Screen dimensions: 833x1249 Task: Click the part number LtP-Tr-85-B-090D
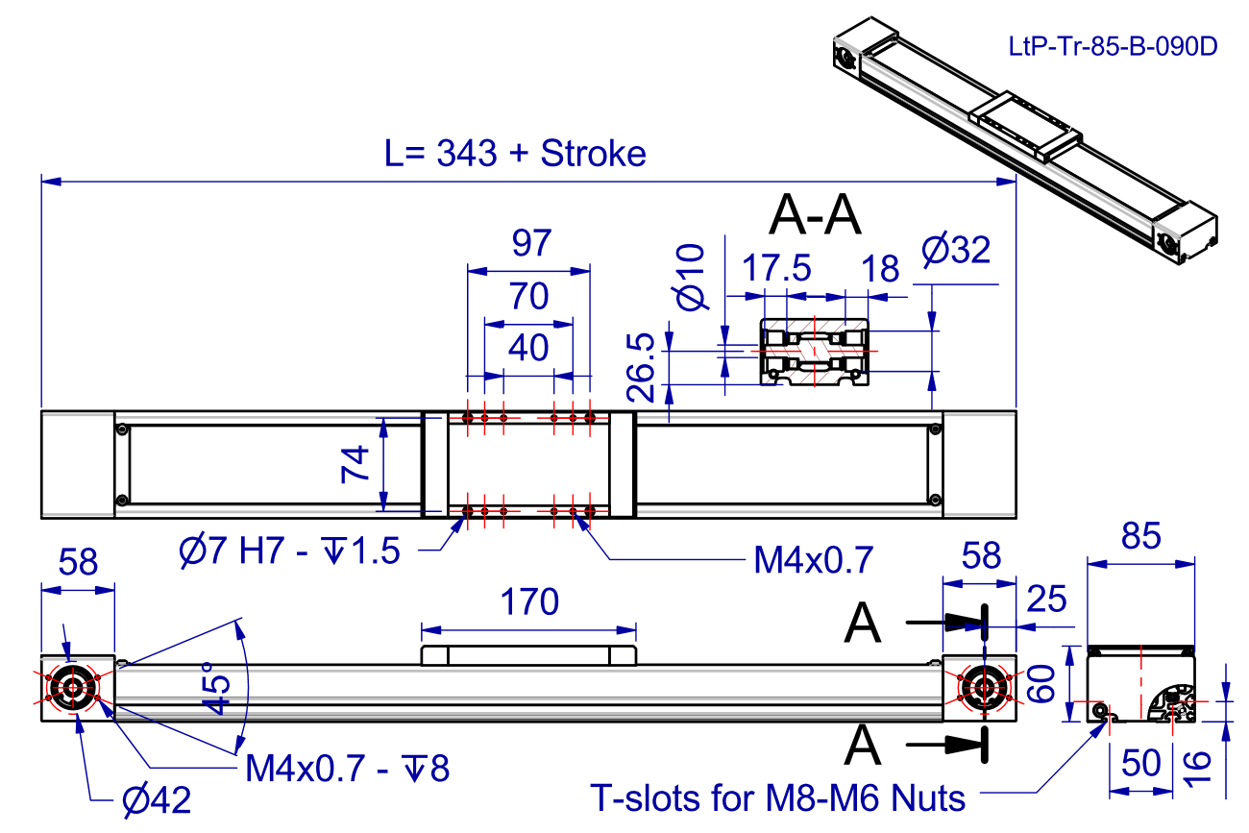coord(1114,45)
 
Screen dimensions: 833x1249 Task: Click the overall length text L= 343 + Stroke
coord(515,153)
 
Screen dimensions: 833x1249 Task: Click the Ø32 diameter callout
coord(955,251)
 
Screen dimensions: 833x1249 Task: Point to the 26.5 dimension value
coord(642,368)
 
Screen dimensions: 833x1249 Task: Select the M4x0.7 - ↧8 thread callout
coord(347,768)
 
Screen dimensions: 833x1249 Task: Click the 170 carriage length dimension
coord(529,602)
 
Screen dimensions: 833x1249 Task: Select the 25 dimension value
coord(1046,600)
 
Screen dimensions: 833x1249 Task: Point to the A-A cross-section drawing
coord(816,352)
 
